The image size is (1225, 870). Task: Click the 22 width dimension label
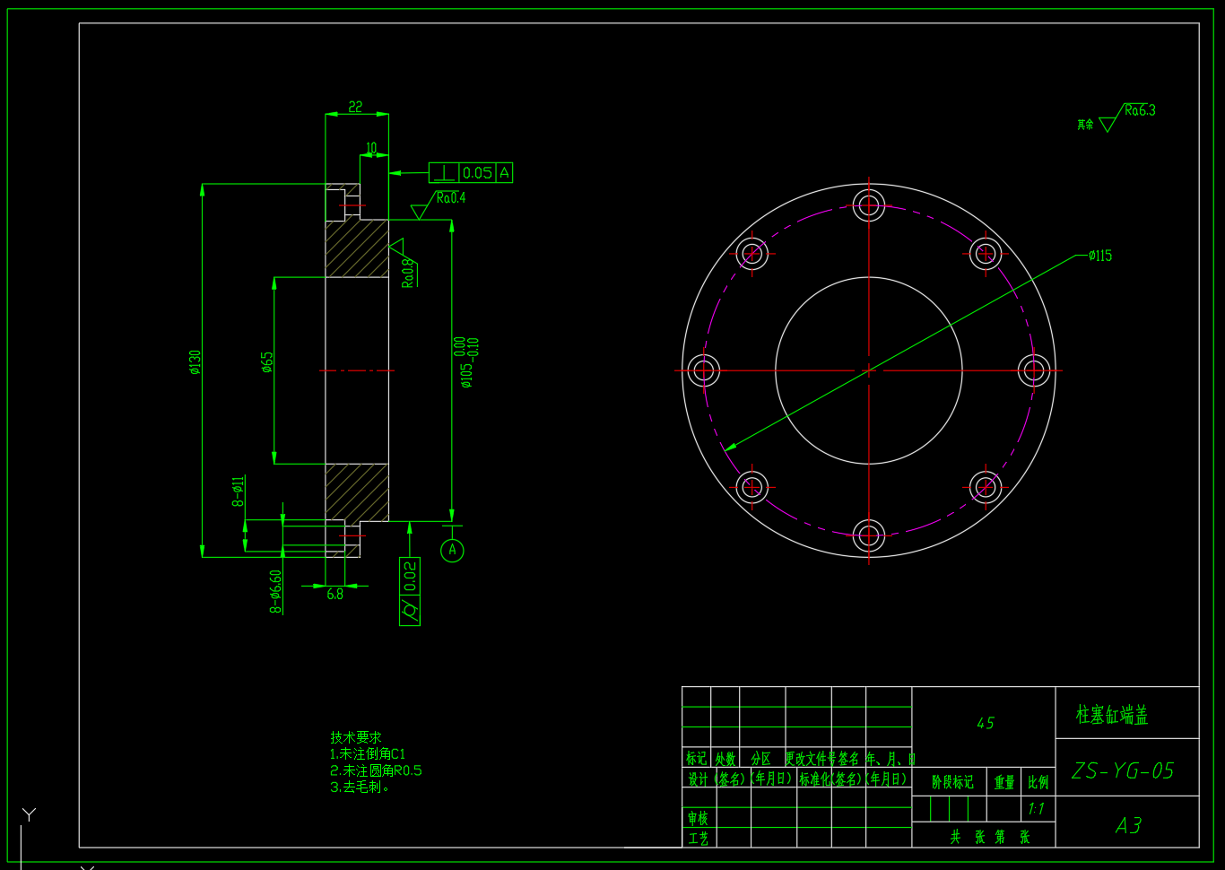click(x=356, y=107)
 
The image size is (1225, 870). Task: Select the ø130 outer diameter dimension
click(x=195, y=361)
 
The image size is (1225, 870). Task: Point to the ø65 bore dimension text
click(x=267, y=361)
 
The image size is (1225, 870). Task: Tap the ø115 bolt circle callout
click(x=1099, y=256)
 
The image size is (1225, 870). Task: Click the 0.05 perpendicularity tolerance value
click(x=478, y=173)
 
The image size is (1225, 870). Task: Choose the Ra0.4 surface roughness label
click(x=451, y=197)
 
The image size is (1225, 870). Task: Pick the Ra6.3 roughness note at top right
click(x=1140, y=110)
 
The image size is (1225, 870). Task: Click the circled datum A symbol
click(x=452, y=550)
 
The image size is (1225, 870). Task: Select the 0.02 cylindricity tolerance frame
click(x=410, y=591)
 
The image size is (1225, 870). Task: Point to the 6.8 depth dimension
click(x=334, y=594)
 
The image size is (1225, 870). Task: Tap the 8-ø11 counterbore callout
click(x=239, y=492)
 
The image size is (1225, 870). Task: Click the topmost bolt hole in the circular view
click(x=868, y=205)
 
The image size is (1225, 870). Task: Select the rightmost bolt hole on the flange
click(x=1034, y=370)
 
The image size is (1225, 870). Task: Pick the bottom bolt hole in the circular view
click(x=868, y=535)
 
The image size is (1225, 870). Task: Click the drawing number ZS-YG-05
click(x=1123, y=770)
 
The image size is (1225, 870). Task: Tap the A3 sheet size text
click(x=1128, y=825)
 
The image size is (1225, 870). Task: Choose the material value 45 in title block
click(x=985, y=723)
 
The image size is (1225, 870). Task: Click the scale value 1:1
click(x=1037, y=809)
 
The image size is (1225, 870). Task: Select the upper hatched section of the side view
click(x=356, y=248)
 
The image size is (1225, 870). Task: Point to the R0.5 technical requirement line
click(x=376, y=770)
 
